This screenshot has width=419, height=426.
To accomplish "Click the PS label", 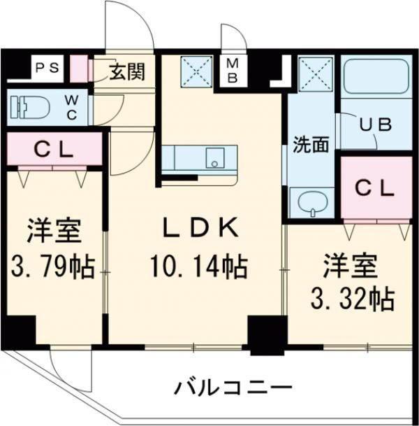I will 47,69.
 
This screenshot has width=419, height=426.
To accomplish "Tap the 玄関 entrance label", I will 127,71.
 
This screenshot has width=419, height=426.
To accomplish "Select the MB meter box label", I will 231,71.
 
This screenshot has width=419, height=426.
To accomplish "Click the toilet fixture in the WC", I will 31,106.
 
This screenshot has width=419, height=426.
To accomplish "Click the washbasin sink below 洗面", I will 311,202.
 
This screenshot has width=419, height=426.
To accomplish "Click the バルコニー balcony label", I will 232,387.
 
